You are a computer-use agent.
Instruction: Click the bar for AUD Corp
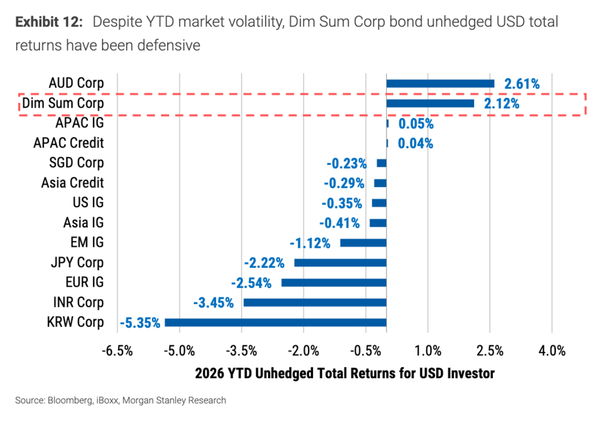coord(440,84)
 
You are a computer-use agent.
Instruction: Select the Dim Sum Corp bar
coord(430,104)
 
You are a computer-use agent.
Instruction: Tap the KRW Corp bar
coord(275,322)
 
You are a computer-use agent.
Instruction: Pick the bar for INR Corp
coord(315,303)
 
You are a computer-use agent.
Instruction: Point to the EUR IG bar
coord(334,283)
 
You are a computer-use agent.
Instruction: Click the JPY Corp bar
coord(340,263)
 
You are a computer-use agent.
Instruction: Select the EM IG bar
coord(363,243)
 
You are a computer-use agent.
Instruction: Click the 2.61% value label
coord(521,84)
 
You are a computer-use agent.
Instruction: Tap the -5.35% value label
coord(140,323)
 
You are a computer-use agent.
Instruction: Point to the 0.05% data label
coord(415,124)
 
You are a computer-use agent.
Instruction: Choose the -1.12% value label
coord(310,243)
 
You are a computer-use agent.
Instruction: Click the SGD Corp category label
coord(76,163)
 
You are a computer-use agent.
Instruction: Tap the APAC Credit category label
coord(68,143)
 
